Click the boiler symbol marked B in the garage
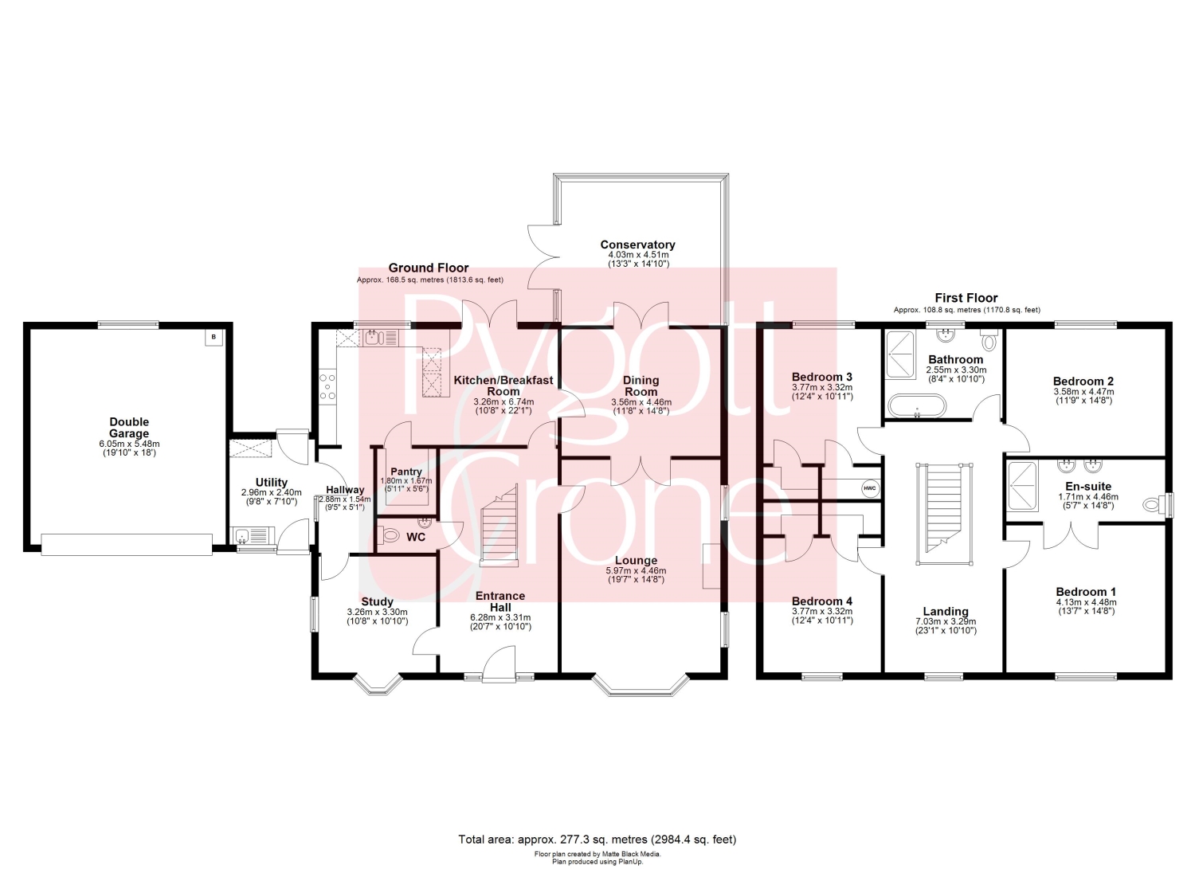coord(214,337)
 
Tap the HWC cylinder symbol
coord(870,488)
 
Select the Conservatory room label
coord(637,245)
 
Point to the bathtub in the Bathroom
coord(916,405)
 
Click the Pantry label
coord(406,472)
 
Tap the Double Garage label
coord(129,428)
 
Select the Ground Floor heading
coord(429,268)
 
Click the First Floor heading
coord(966,298)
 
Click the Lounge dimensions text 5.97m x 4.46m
coord(636,571)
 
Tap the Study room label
coord(377,601)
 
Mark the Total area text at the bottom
coord(597,839)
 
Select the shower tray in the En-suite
coord(1021,485)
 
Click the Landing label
coord(946,612)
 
